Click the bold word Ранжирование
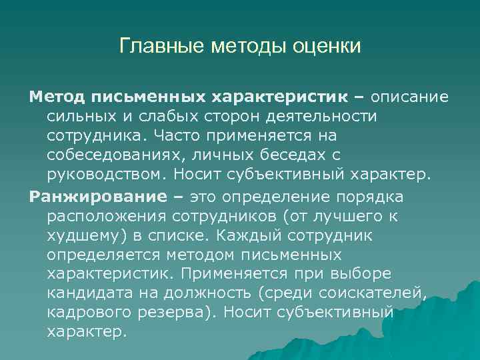click(89, 197)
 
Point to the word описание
click(410, 97)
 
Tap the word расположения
click(107, 217)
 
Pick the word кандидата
click(84, 293)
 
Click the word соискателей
click(371, 293)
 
